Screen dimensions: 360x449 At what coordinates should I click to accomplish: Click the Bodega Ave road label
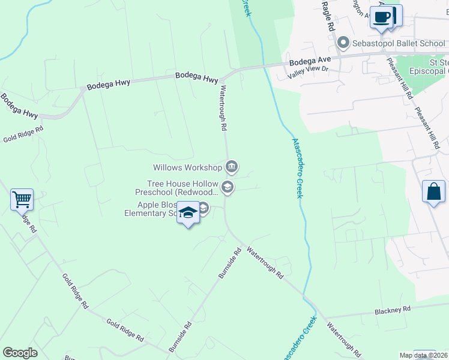(310, 61)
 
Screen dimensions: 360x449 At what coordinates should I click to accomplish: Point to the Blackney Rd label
(392, 309)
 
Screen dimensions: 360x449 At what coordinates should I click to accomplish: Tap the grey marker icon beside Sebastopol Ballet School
(343, 42)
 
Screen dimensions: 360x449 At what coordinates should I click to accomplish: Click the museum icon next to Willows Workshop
(232, 166)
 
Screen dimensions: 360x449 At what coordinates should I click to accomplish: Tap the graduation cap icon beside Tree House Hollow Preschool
(227, 188)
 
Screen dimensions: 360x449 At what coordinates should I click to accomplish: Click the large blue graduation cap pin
(188, 214)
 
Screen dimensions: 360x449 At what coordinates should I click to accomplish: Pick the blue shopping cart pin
(22, 199)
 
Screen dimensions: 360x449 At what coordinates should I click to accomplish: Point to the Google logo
(20, 353)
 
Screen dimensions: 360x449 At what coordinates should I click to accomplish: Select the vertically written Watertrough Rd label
(222, 108)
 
